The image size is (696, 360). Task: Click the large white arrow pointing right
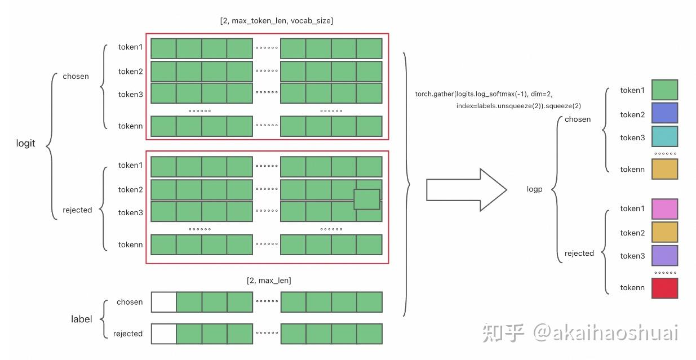coord(465,189)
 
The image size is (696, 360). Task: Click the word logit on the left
coord(25,143)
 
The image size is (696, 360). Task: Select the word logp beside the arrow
coord(534,189)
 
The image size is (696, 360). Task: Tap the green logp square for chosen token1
coord(664,90)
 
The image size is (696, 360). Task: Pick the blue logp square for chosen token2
coord(664,113)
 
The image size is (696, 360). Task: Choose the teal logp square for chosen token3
coord(664,137)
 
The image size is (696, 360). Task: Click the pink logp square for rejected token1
coord(664,208)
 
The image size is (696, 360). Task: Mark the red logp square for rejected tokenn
coord(664,288)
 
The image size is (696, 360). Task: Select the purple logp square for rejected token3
coord(664,255)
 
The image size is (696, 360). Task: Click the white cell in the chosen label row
coord(163,302)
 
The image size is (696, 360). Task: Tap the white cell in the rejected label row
coord(163,334)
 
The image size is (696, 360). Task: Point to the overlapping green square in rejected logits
coord(367,199)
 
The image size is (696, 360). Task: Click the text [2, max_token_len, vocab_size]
coord(276,21)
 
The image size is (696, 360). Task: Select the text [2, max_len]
coord(269,280)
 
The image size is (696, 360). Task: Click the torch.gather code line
coord(487,94)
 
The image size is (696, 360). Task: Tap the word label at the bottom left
coord(81,319)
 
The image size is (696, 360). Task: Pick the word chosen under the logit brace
coord(76,76)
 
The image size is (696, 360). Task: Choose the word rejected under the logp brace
coord(579,253)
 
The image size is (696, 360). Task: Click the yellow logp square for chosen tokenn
coord(664,169)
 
